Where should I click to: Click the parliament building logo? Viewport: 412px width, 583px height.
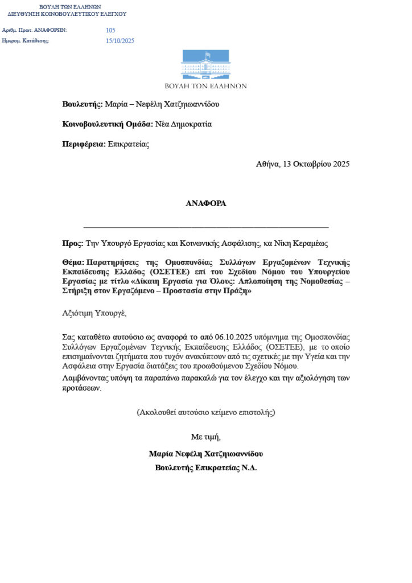[x=205, y=65]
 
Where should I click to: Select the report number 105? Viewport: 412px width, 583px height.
[x=110, y=30]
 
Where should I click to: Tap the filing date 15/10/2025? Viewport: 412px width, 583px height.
[x=120, y=41]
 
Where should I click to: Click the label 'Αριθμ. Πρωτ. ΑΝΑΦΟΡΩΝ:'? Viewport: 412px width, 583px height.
[x=35, y=30]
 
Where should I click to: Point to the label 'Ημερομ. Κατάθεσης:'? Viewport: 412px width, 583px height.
[x=26, y=41]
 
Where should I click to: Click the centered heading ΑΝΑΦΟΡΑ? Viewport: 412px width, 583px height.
[x=205, y=203]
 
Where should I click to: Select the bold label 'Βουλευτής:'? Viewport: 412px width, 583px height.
[x=83, y=104]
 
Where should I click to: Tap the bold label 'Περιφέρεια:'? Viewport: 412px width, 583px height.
[x=84, y=144]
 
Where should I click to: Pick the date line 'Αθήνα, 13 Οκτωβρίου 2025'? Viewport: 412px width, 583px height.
[x=303, y=164]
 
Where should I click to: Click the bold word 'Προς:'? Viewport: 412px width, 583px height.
[x=72, y=243]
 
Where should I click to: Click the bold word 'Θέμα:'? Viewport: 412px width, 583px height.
[x=73, y=262]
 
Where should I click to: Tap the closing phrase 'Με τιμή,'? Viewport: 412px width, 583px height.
[x=205, y=437]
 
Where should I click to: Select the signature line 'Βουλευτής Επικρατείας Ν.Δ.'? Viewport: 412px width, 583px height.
[x=205, y=468]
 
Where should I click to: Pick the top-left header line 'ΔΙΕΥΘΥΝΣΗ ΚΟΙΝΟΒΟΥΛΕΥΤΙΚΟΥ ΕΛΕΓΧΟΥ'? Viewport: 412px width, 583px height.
[x=67, y=14]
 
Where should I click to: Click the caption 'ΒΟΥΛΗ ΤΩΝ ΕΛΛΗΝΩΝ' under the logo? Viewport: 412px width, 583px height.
[x=205, y=86]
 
